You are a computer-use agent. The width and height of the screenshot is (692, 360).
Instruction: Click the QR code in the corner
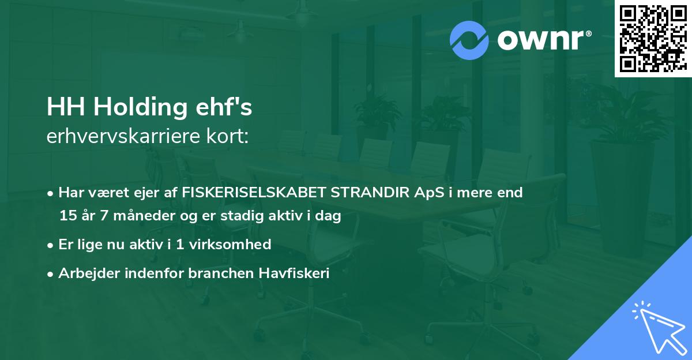point(653,38)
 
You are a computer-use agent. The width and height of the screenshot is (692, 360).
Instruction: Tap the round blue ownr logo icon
point(469,40)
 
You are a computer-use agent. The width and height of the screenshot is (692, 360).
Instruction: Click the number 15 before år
point(67,216)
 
